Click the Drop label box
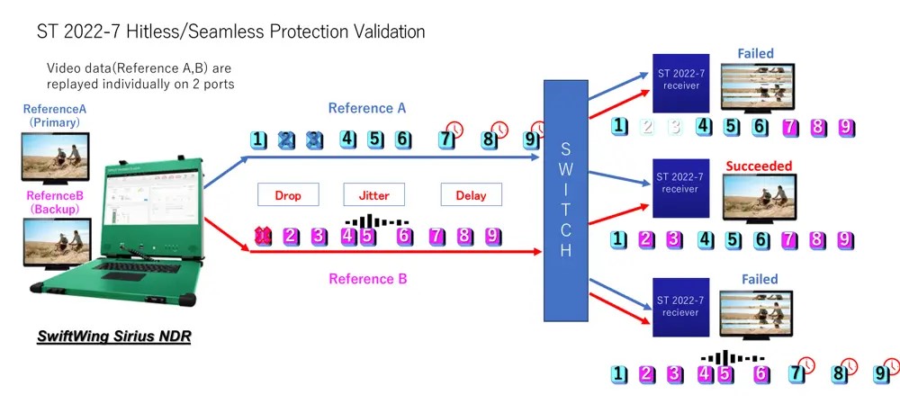click(288, 195)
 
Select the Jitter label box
click(374, 195)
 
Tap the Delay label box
click(471, 195)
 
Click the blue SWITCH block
click(565, 200)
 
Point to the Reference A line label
click(367, 108)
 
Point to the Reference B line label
click(368, 279)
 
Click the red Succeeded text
click(759, 166)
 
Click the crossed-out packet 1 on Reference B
click(262, 236)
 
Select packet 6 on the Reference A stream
click(403, 139)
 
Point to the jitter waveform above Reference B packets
click(377, 220)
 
